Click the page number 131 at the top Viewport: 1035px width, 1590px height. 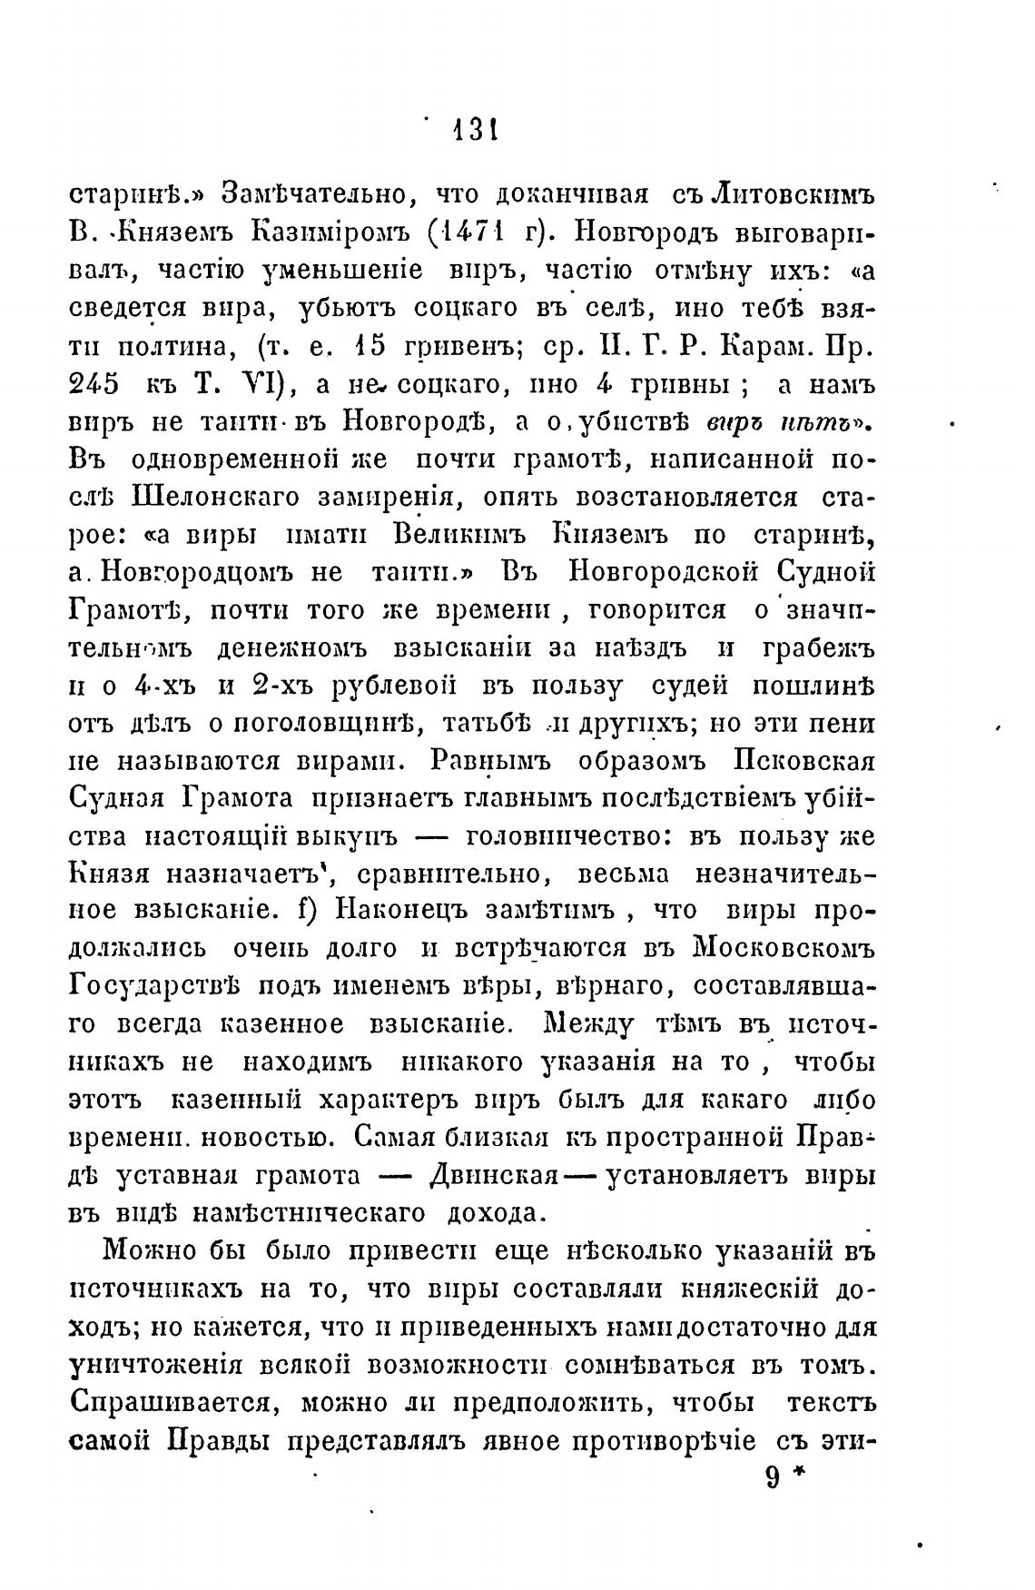click(472, 132)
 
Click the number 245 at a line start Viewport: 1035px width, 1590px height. click(94, 384)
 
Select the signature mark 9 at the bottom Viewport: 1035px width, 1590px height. click(773, 1478)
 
